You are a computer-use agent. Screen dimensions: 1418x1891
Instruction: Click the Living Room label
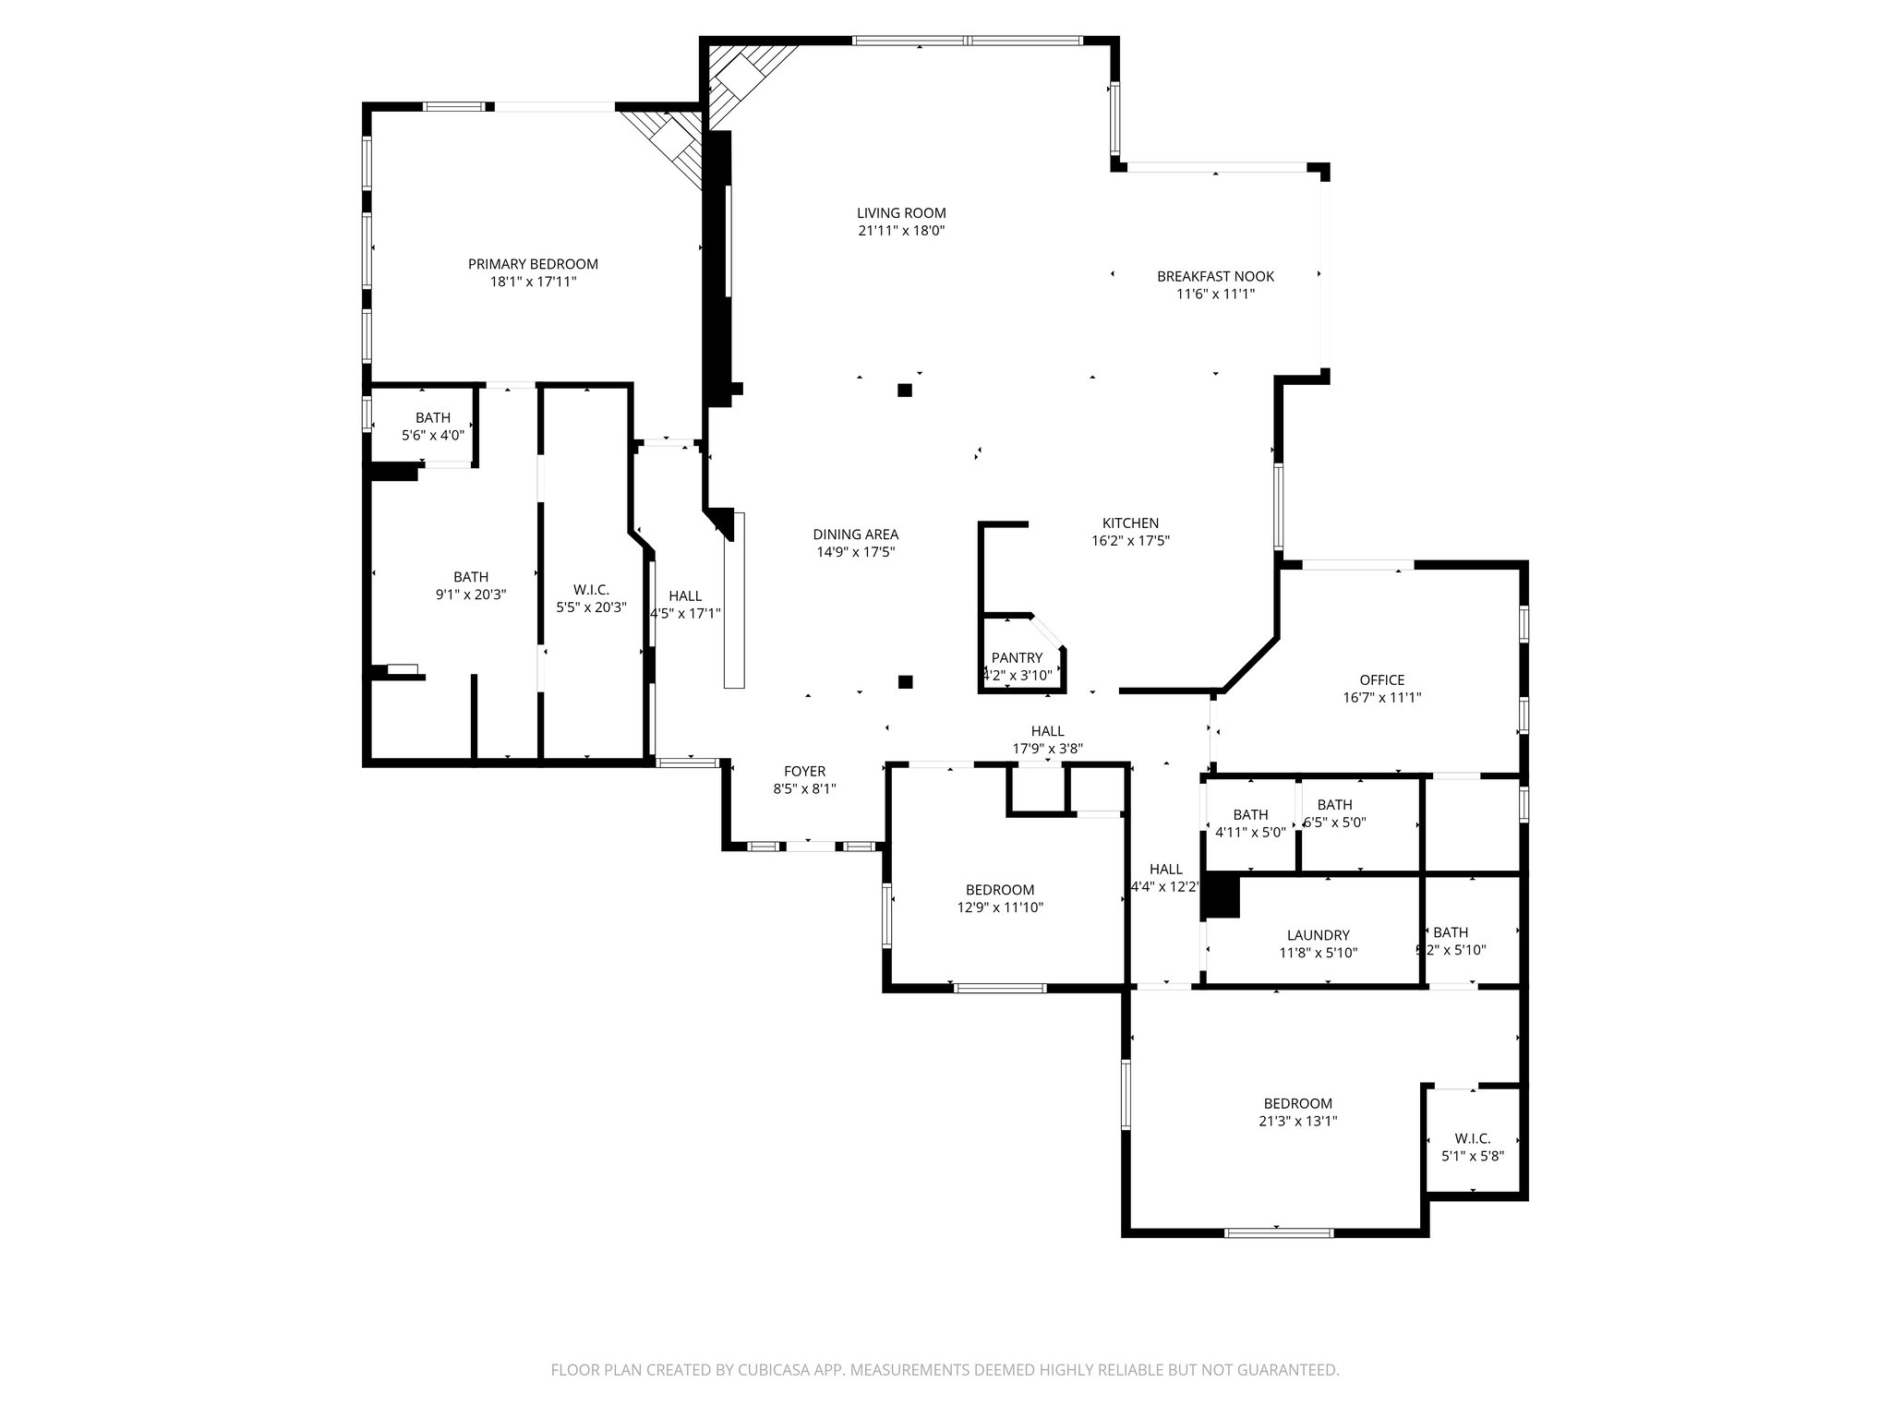point(901,213)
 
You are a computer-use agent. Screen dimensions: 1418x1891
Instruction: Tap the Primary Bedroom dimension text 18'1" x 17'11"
point(533,282)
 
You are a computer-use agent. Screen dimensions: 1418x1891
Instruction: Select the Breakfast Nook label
point(1215,276)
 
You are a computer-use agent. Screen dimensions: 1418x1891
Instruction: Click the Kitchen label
point(1130,523)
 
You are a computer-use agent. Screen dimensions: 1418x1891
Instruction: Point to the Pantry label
point(1017,657)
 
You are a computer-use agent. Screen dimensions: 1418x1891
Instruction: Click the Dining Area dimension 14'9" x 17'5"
point(855,552)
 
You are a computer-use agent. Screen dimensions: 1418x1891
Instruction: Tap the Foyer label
point(804,771)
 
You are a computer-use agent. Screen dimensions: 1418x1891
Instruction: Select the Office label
point(1381,679)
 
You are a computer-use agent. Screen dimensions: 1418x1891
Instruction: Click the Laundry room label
point(1318,934)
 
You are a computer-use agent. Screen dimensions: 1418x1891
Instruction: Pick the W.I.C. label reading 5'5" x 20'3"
point(591,590)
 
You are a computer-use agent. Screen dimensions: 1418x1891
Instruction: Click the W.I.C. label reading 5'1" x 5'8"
point(1472,1138)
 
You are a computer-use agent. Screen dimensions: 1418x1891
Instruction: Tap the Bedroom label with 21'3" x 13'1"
point(1297,1103)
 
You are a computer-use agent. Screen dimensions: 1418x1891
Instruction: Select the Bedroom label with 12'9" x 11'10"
point(1000,890)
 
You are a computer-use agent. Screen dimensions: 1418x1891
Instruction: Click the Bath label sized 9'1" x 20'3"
point(470,577)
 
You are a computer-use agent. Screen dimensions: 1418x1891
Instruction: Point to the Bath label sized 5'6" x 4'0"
point(432,418)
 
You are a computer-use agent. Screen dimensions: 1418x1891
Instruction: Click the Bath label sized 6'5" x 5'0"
point(1334,805)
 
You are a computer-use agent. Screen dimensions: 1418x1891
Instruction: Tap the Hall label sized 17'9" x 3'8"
point(1047,731)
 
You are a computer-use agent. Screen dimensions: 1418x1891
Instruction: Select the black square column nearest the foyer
point(905,682)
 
